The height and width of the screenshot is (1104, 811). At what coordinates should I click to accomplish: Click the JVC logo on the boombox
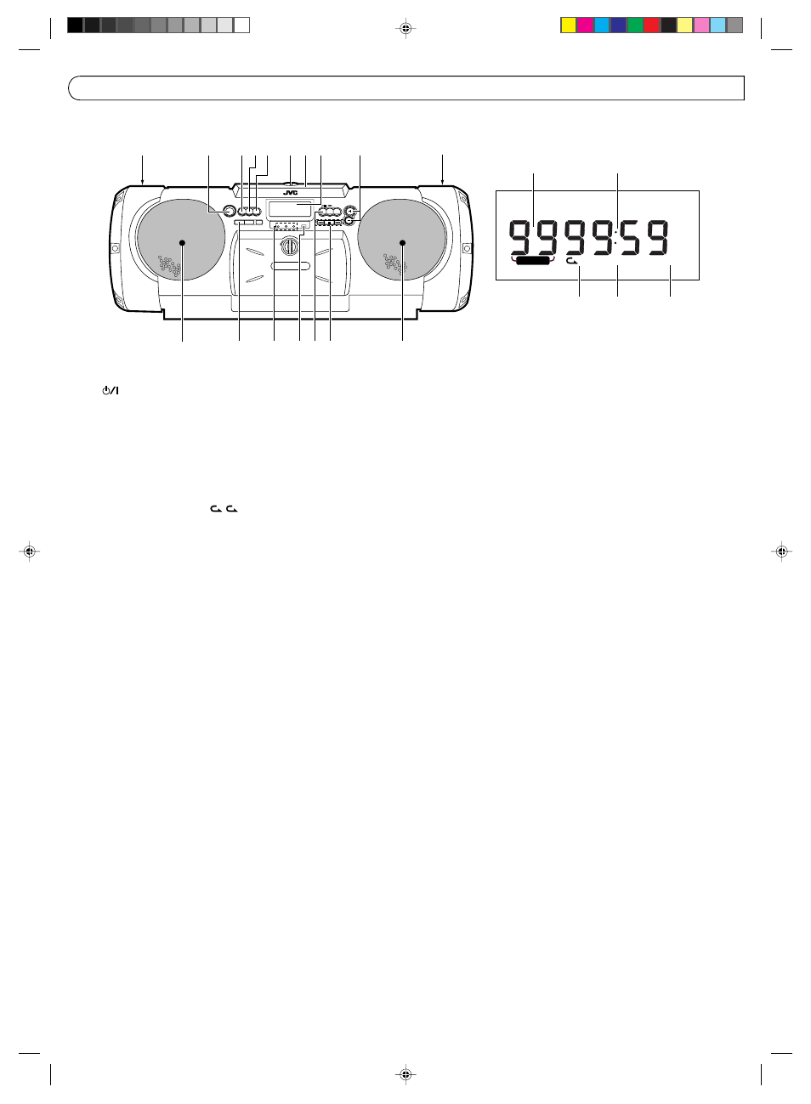tap(291, 193)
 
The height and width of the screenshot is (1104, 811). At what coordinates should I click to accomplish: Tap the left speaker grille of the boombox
tap(180, 240)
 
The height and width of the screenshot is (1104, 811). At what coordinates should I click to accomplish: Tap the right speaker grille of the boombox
tap(402, 240)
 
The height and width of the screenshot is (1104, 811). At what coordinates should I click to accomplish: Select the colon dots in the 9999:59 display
tap(617, 237)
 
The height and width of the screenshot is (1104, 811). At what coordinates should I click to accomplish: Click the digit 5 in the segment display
tap(630, 238)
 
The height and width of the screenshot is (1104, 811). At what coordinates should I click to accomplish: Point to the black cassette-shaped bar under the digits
tap(532, 261)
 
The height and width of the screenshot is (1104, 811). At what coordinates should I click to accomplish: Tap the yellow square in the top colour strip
tap(569, 25)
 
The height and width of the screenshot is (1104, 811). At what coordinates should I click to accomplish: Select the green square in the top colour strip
tap(635, 25)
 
